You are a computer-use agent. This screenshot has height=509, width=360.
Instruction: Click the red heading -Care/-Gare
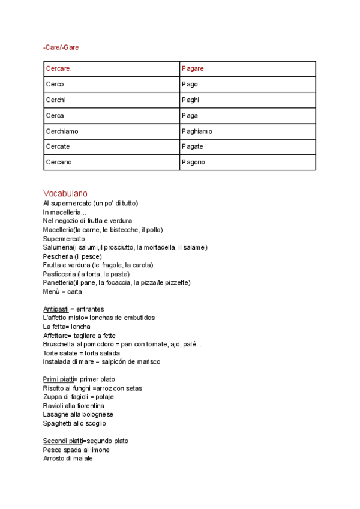coord(61,47)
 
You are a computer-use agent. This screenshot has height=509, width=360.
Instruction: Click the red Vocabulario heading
coord(65,193)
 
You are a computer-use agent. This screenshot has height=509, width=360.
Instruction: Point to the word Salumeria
coord(58,247)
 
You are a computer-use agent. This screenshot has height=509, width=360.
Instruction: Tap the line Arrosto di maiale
coord(68,459)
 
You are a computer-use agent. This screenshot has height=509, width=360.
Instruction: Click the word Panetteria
coord(59,283)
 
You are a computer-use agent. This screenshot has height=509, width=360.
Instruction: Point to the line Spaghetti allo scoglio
coord(74,423)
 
